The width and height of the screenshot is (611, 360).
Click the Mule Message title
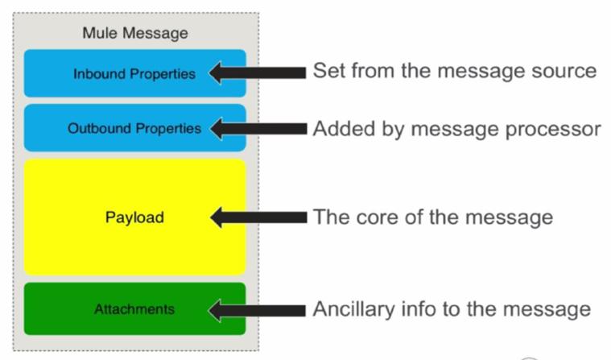point(134,34)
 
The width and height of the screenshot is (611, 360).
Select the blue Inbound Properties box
point(134,73)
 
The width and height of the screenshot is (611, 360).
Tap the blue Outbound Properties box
point(134,128)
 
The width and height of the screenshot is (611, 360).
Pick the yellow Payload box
point(134,217)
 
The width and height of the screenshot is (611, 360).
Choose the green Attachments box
point(134,308)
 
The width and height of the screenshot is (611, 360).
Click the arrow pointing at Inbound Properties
point(258,73)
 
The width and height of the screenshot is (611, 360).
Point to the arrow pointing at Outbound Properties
point(258,128)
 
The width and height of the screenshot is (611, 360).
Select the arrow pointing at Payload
point(258,217)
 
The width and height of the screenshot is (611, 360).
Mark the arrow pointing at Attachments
point(258,309)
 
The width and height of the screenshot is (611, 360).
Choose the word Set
point(328,72)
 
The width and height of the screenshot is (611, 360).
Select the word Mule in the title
point(97,34)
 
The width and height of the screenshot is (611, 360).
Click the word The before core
point(332,217)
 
